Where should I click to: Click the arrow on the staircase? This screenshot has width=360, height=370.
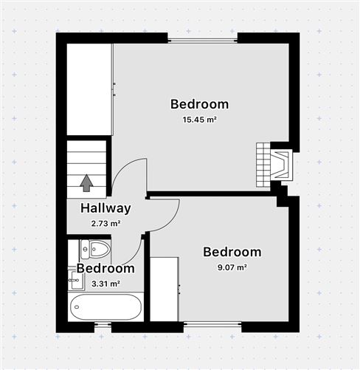click(x=86, y=182)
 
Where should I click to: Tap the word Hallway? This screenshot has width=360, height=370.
click(x=105, y=208)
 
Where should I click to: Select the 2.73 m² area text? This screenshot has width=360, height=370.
click(x=105, y=222)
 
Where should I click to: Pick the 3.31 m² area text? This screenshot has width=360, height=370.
click(x=105, y=283)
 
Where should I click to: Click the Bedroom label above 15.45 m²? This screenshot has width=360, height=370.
click(x=199, y=104)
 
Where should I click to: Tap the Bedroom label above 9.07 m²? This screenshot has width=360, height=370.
click(x=232, y=252)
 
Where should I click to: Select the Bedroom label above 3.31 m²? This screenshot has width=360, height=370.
click(x=105, y=269)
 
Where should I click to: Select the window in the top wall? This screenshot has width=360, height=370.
click(x=202, y=38)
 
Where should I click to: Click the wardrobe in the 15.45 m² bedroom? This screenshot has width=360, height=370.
click(x=89, y=89)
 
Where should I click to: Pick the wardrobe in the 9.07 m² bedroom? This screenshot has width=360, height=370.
click(x=164, y=289)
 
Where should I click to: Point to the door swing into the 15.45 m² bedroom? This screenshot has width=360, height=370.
click(x=131, y=176)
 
